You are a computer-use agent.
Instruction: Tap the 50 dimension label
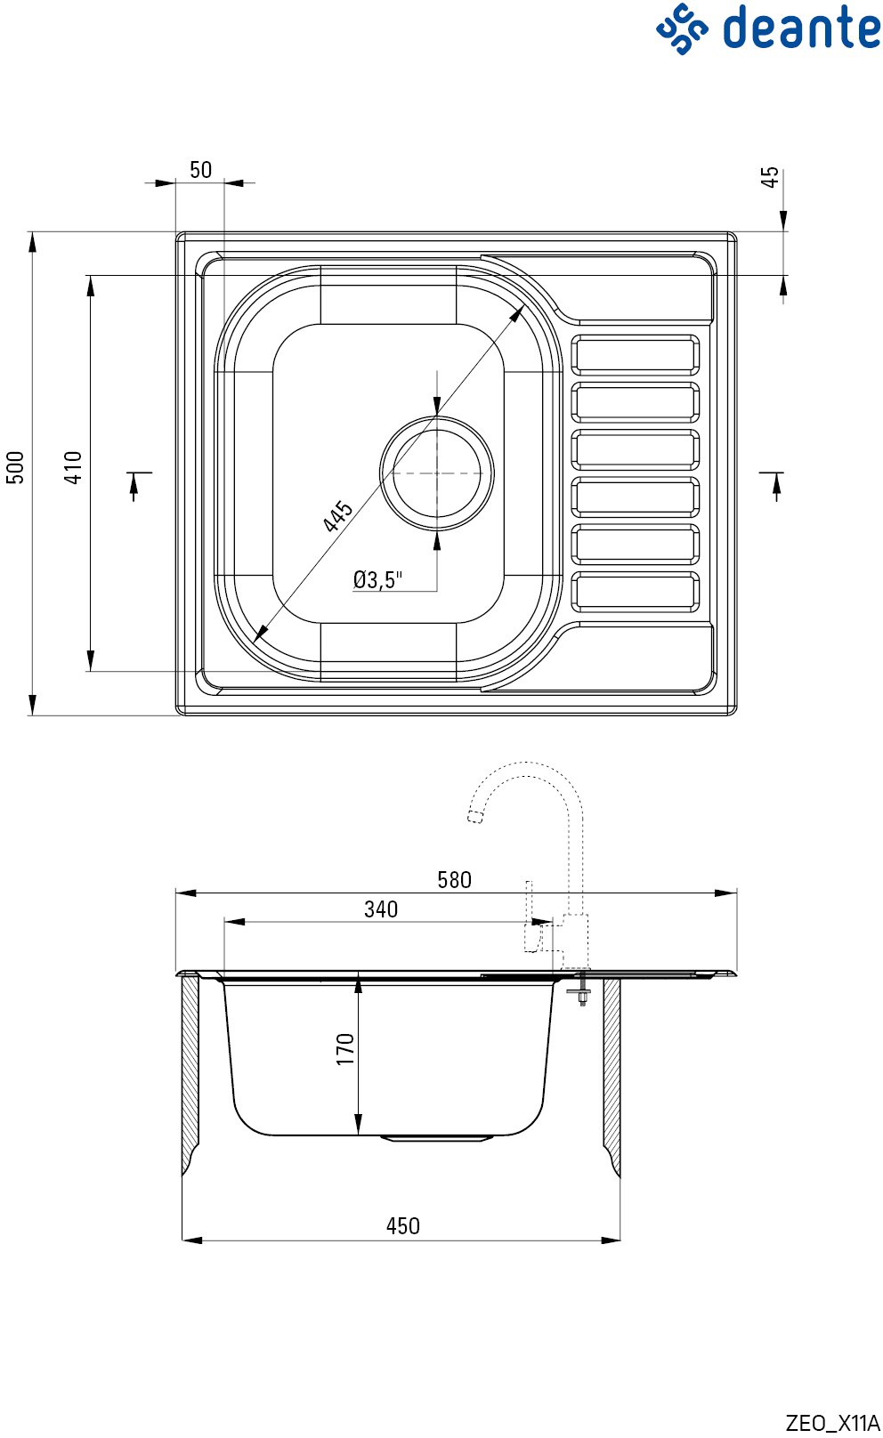click(x=200, y=169)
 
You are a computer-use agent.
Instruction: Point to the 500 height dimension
click(x=15, y=467)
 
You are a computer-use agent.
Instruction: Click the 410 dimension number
click(x=73, y=467)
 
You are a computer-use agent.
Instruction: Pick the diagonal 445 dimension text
click(x=337, y=517)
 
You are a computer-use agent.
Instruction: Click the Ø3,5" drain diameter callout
click(x=377, y=579)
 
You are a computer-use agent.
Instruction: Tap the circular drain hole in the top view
click(x=437, y=473)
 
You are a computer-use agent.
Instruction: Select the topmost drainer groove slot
click(x=636, y=355)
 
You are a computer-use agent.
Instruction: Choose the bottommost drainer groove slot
click(x=636, y=592)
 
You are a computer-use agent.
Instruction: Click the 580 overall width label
click(x=454, y=880)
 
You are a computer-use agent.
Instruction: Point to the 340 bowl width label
click(x=381, y=909)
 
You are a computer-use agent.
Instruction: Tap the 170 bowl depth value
click(x=345, y=1049)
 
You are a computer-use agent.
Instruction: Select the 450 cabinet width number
click(x=402, y=1226)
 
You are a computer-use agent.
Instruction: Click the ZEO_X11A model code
click(x=833, y=1423)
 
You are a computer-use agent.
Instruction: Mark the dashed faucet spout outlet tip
click(x=475, y=817)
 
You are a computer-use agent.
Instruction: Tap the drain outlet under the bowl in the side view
click(x=437, y=1138)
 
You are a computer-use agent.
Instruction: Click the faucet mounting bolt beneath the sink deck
click(x=582, y=990)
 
